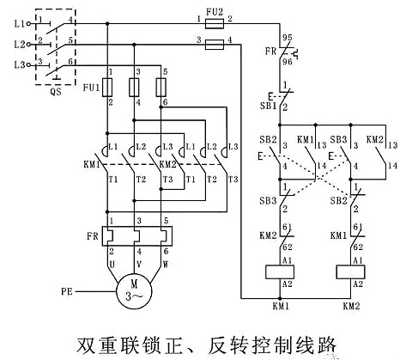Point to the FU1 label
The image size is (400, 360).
tap(90, 86)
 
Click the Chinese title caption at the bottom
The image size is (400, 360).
tap(200, 345)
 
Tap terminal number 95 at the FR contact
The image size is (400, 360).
tap(289, 38)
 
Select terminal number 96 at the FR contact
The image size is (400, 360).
tap(289, 61)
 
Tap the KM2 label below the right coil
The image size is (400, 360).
tap(351, 306)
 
